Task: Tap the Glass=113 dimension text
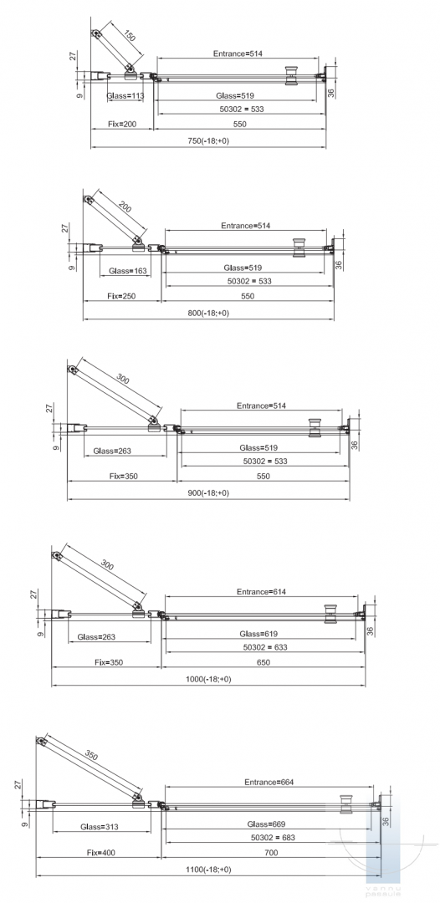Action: pyautogui.click(x=125, y=95)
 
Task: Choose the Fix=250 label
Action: pyautogui.click(x=121, y=296)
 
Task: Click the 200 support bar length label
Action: pyautogui.click(x=125, y=207)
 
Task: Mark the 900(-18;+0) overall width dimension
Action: pyautogui.click(x=208, y=493)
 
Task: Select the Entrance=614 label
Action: pyautogui.click(x=262, y=591)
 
